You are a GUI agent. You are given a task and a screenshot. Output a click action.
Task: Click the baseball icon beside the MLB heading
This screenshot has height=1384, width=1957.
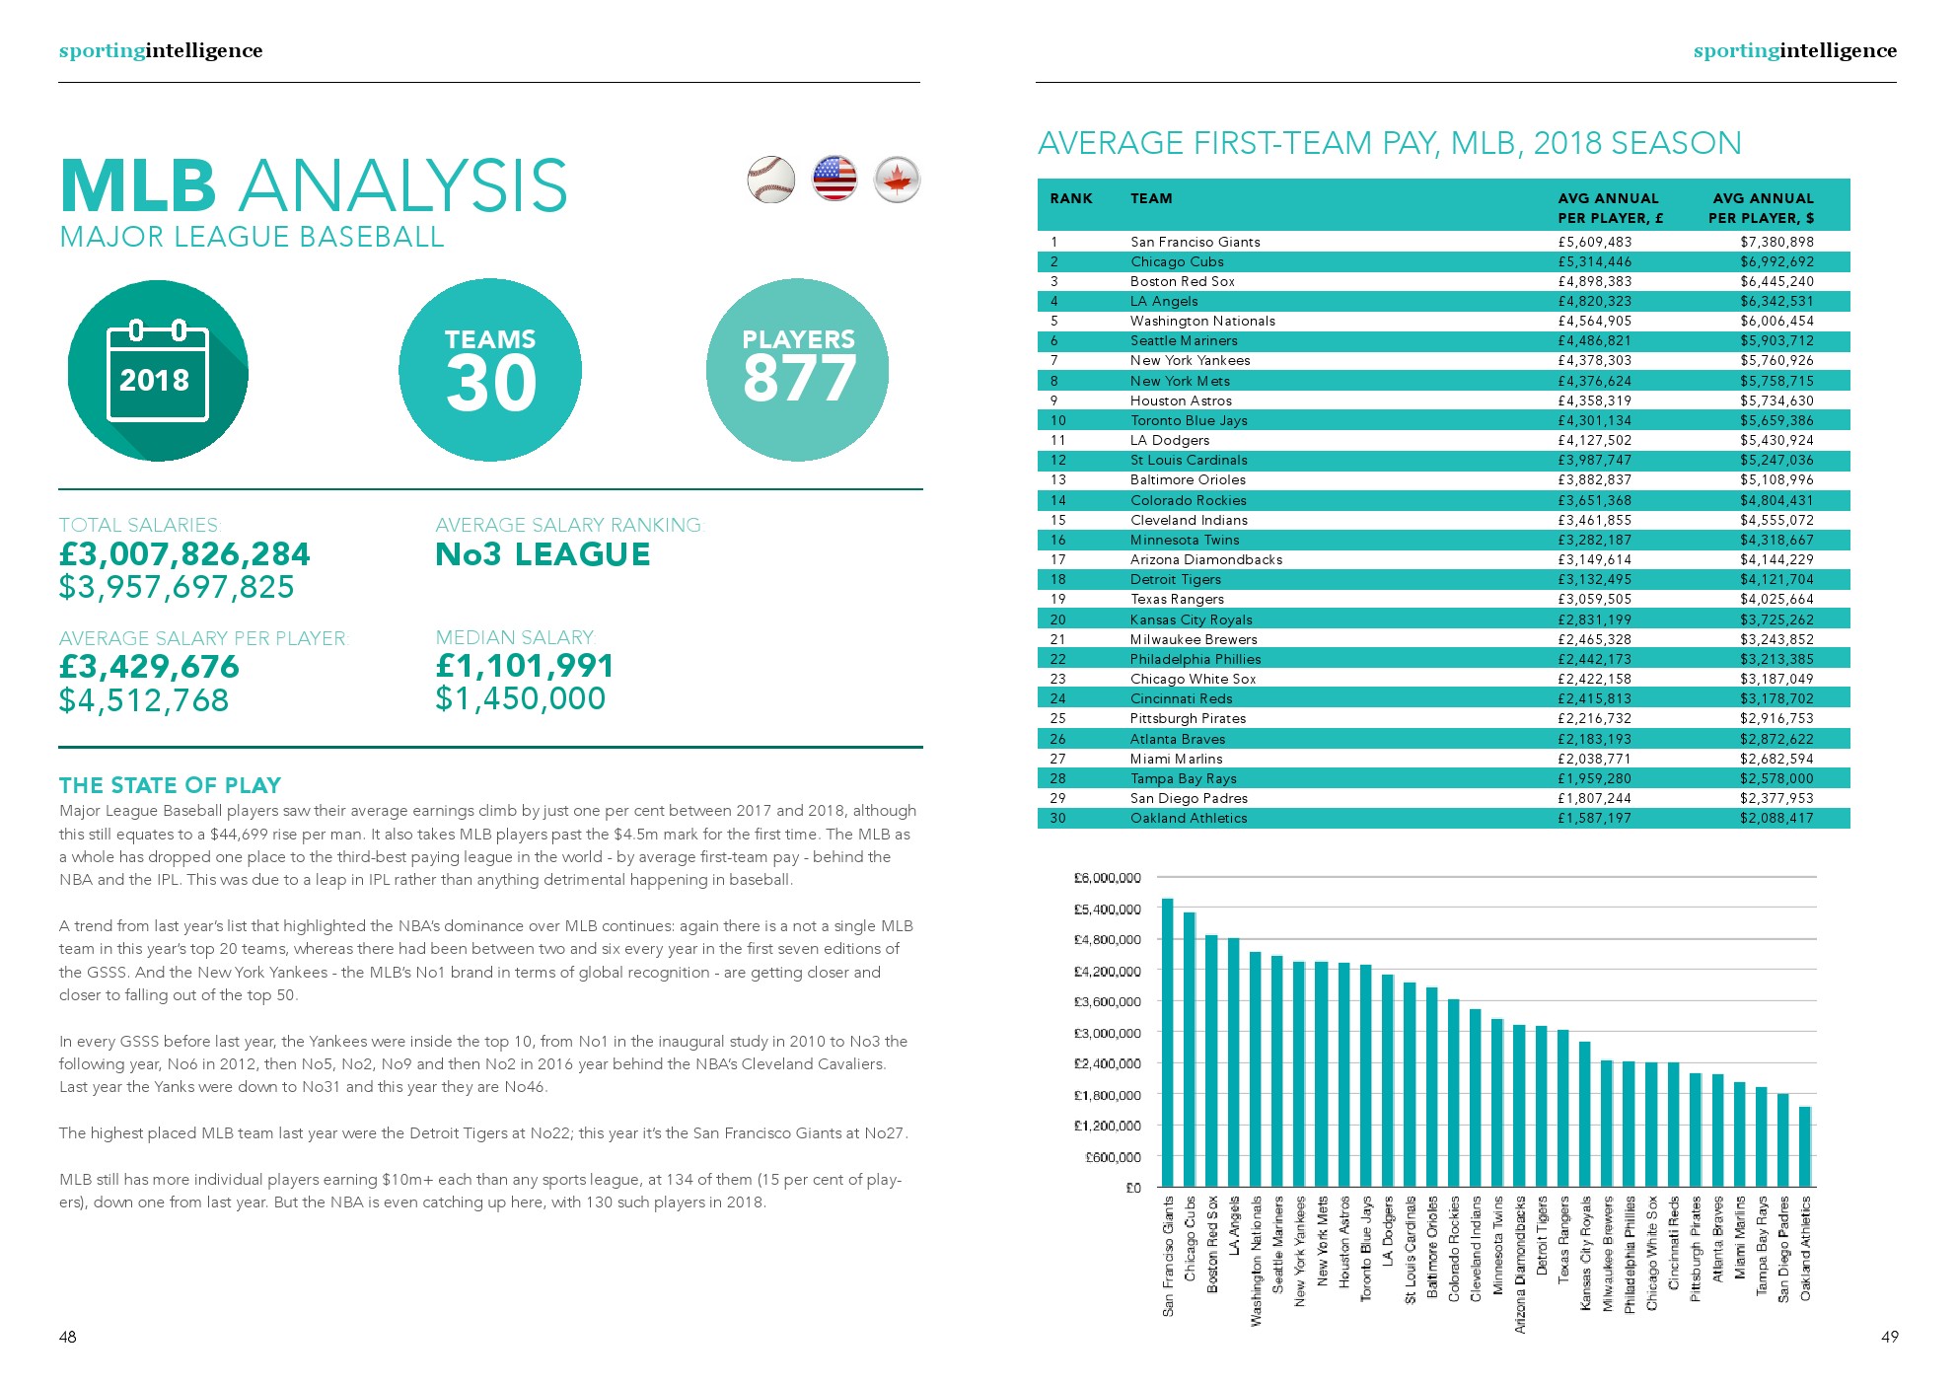tap(770, 180)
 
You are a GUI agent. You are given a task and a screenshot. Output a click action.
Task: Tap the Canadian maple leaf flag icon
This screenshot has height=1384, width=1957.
tap(897, 180)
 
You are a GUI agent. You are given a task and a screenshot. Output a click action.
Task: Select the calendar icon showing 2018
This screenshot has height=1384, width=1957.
tap(157, 371)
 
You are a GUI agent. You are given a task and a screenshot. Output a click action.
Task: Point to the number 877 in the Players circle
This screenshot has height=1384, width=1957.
tap(799, 380)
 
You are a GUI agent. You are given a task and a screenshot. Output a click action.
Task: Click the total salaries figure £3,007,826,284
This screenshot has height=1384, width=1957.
tap(184, 554)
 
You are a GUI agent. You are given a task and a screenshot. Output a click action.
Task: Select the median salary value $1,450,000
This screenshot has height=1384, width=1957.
tap(520, 698)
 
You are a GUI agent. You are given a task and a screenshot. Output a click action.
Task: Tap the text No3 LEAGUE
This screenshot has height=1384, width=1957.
tap(543, 554)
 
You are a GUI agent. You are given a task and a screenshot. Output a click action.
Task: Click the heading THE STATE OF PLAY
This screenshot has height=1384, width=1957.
tap(170, 785)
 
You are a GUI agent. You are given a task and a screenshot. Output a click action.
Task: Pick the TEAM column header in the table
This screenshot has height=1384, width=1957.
tap(1151, 198)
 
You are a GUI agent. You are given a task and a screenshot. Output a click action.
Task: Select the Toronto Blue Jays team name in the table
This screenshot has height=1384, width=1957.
tap(1189, 420)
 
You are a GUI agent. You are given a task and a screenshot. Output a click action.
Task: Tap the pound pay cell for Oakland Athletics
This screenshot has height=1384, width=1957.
tap(1594, 818)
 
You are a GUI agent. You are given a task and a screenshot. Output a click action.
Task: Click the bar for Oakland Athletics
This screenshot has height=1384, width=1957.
tap(1805, 1146)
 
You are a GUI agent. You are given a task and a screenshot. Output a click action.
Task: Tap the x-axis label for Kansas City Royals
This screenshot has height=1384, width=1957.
tap(1586, 1253)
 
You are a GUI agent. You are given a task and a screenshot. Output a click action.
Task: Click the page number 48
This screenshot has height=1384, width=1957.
tap(67, 1337)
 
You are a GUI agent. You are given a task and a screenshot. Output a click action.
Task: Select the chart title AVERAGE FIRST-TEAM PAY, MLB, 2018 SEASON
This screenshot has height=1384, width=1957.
tap(1389, 143)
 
